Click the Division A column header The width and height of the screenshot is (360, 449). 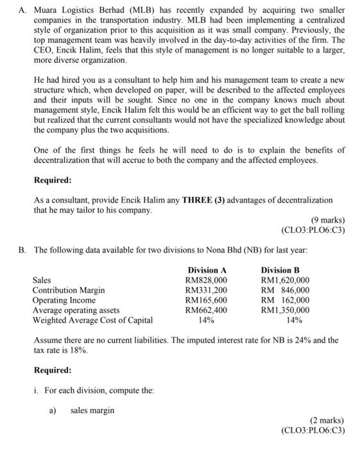coord(207,270)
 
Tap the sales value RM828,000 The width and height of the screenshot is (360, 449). coord(206,280)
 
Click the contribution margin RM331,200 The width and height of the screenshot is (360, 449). coord(206,291)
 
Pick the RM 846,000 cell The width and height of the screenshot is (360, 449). coord(285,291)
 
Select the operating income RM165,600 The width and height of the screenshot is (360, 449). coord(206,300)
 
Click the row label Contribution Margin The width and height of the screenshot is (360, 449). coord(69,291)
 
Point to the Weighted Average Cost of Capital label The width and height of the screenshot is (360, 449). coord(93,320)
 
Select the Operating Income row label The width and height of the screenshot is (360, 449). coord(64,300)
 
